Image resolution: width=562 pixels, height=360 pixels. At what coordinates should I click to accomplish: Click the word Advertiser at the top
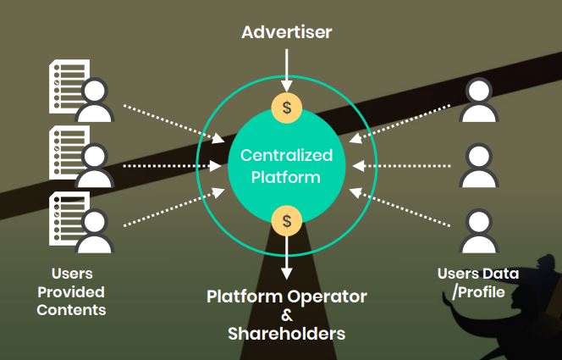coord(287,32)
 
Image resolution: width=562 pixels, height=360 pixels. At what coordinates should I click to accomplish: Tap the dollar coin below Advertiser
coord(287,108)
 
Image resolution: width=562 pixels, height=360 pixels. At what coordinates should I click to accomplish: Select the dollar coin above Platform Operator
coord(287,221)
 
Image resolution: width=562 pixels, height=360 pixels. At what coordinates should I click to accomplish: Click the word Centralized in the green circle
coord(287,156)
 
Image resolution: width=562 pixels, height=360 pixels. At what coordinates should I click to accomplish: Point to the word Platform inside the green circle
coord(287,177)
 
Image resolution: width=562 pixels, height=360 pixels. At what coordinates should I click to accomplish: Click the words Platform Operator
coord(287,297)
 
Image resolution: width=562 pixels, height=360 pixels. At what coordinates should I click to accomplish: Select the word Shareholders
coord(287,334)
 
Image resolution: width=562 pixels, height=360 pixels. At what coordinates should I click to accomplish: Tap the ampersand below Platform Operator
coord(287,316)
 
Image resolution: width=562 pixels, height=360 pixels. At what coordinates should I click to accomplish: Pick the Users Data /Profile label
coord(478,283)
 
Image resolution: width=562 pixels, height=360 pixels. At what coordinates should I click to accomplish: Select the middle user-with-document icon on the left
coord(81,156)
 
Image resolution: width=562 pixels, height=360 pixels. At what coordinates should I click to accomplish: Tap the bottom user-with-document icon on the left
coord(81,222)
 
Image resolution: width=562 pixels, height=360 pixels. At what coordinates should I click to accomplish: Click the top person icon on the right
coord(478,102)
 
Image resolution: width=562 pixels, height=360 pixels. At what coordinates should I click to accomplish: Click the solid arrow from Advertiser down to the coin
coord(287,68)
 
